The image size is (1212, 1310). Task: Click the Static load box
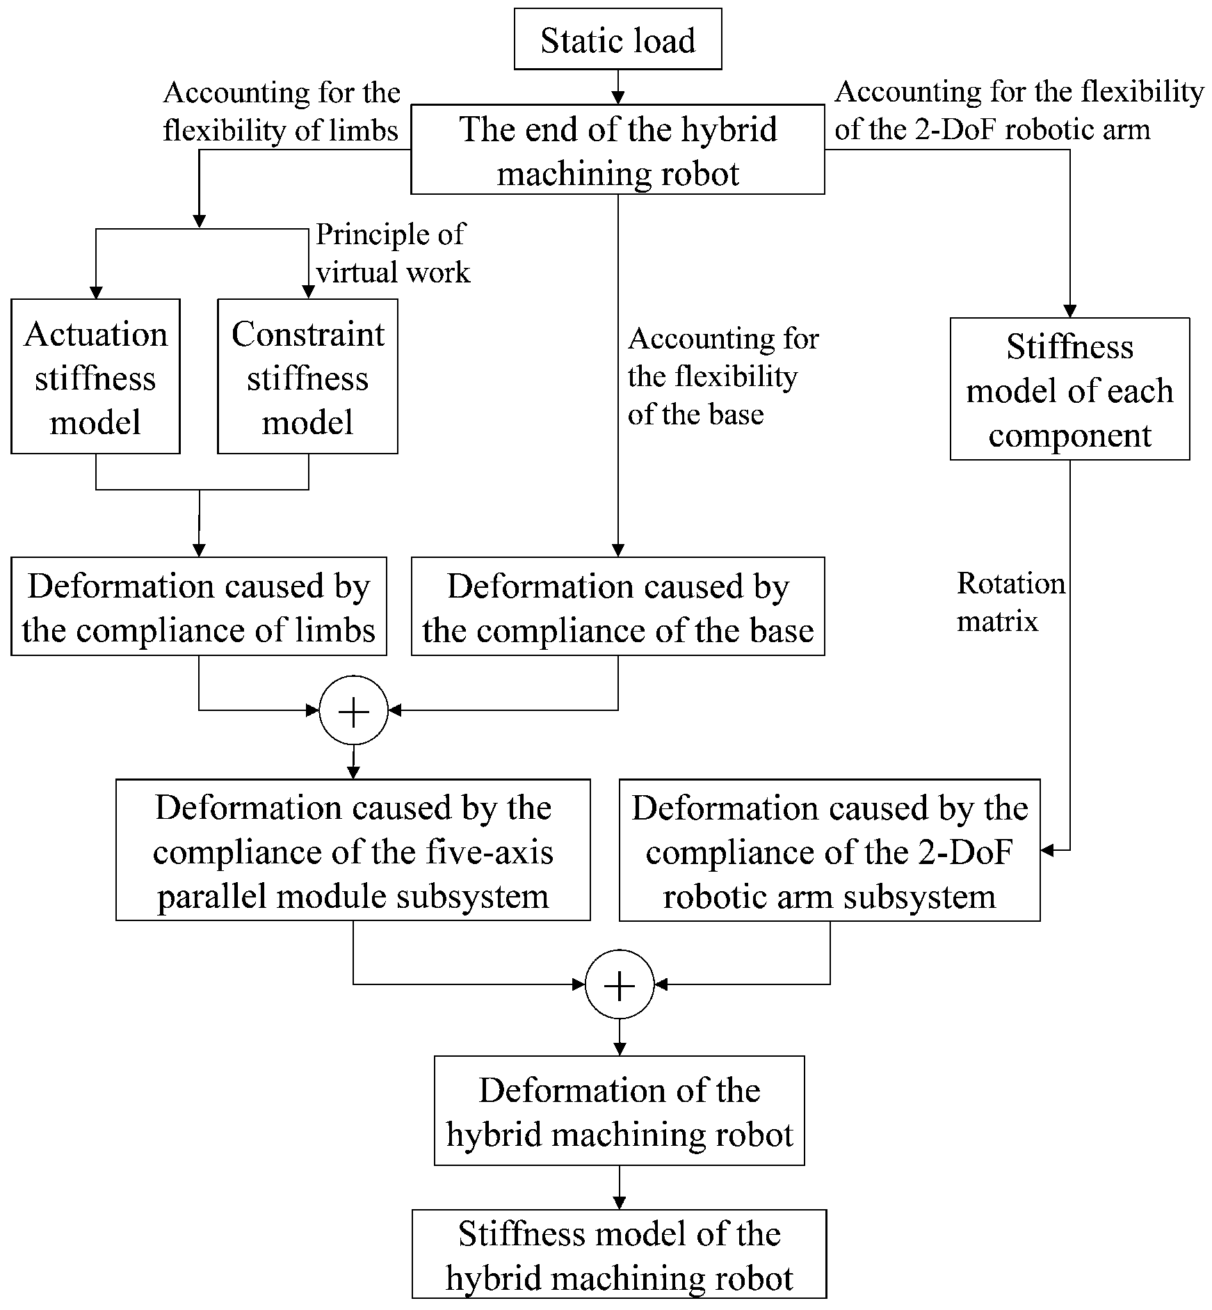(617, 40)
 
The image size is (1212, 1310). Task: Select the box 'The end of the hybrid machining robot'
(617, 150)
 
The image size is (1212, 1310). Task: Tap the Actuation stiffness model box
(95, 377)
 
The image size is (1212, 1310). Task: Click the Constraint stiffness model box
(307, 377)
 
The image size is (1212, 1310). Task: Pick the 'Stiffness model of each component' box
(1069, 390)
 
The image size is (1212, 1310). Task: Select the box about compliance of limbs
(198, 607)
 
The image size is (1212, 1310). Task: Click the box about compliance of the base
(617, 607)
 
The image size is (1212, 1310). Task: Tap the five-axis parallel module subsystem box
(353, 850)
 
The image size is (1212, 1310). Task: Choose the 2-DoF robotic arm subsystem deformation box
(829, 850)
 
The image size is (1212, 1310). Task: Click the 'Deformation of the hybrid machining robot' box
(619, 1111)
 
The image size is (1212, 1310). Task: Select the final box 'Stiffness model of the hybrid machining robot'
(619, 1254)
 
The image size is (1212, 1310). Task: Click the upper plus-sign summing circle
(353, 711)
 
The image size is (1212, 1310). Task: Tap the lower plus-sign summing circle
(620, 985)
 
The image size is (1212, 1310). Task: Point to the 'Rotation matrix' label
(1010, 602)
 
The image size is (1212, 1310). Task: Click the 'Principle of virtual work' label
(393, 253)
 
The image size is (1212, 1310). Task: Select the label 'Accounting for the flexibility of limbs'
(281, 111)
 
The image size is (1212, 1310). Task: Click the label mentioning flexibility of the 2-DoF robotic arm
(1019, 110)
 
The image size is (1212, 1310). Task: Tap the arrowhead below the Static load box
(617, 97)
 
